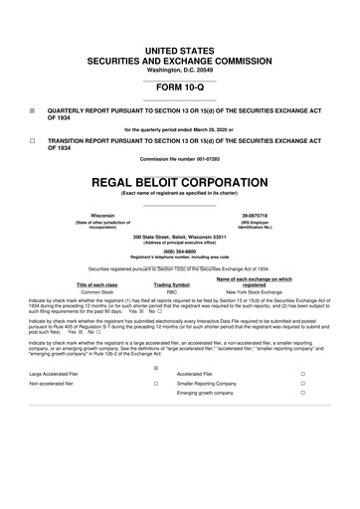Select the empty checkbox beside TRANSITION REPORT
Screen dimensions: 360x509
33,141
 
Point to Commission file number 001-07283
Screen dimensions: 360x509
179,159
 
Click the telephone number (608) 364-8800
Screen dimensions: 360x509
179,253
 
